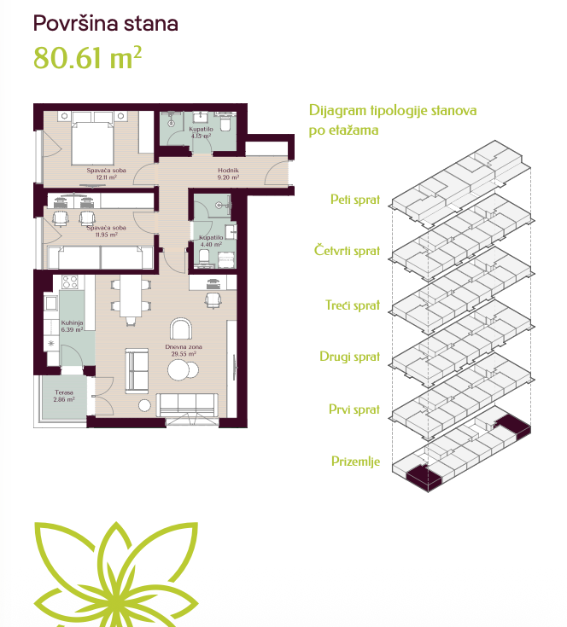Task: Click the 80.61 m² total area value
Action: [87, 58]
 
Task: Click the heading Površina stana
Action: [106, 23]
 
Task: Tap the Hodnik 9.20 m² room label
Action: [228, 173]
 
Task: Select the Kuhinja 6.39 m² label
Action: [72, 326]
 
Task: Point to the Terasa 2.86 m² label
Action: [64, 396]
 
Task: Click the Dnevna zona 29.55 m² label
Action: [184, 351]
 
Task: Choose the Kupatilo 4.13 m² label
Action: [201, 132]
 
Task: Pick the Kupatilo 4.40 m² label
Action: [211, 241]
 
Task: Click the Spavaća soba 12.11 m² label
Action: [107, 173]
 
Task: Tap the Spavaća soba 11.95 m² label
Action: [107, 231]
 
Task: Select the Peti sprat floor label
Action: [355, 199]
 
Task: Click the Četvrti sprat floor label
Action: [347, 250]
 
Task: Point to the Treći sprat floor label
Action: [353, 305]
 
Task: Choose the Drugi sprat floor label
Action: [350, 357]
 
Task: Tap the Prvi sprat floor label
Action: [354, 409]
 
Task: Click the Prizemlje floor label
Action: [356, 461]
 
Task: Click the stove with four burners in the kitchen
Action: [70, 282]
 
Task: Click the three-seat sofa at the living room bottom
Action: [187, 405]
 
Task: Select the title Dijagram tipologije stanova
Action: [393, 111]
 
